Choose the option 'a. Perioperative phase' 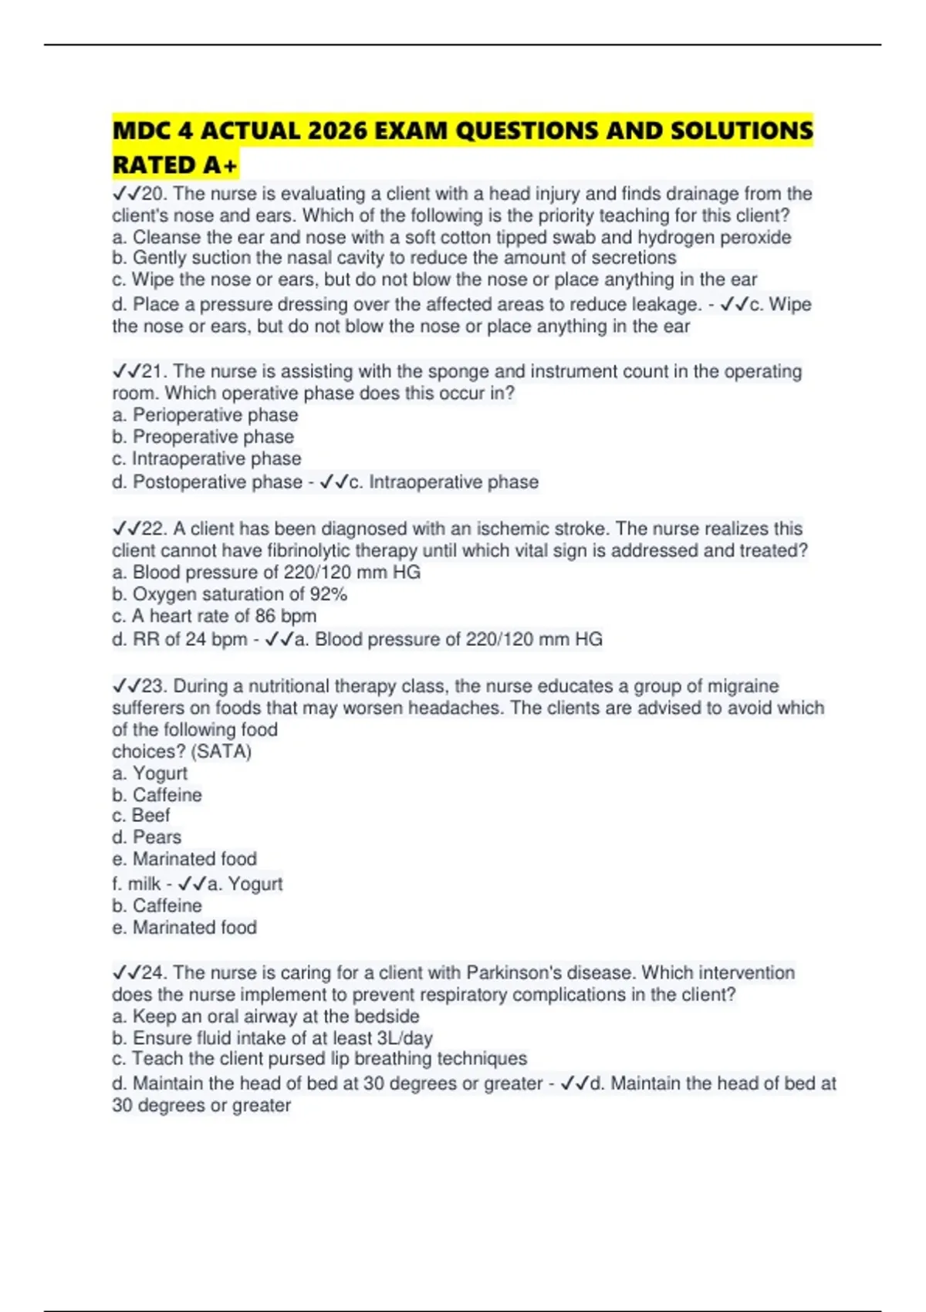coord(205,415)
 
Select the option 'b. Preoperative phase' coord(203,437)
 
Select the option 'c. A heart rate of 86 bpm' coord(214,616)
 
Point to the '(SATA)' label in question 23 coord(221,752)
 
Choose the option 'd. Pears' coord(147,837)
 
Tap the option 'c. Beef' coord(141,816)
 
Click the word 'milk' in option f coord(144,884)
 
